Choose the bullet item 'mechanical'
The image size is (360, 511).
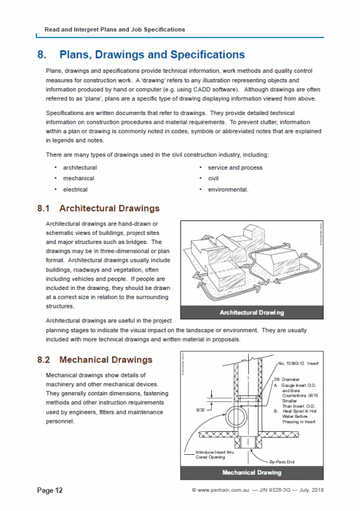point(79,178)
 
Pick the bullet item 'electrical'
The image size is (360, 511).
point(75,189)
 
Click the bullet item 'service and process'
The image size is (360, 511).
point(235,167)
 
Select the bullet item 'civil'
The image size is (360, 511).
point(213,178)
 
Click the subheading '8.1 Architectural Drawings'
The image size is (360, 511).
point(98,208)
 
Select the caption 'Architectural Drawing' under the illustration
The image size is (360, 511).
point(251,313)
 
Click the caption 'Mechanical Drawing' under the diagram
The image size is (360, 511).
point(251,473)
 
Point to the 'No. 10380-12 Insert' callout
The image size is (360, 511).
point(297,363)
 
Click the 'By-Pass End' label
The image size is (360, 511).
point(281,459)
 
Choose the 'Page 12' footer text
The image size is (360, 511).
point(50,491)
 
